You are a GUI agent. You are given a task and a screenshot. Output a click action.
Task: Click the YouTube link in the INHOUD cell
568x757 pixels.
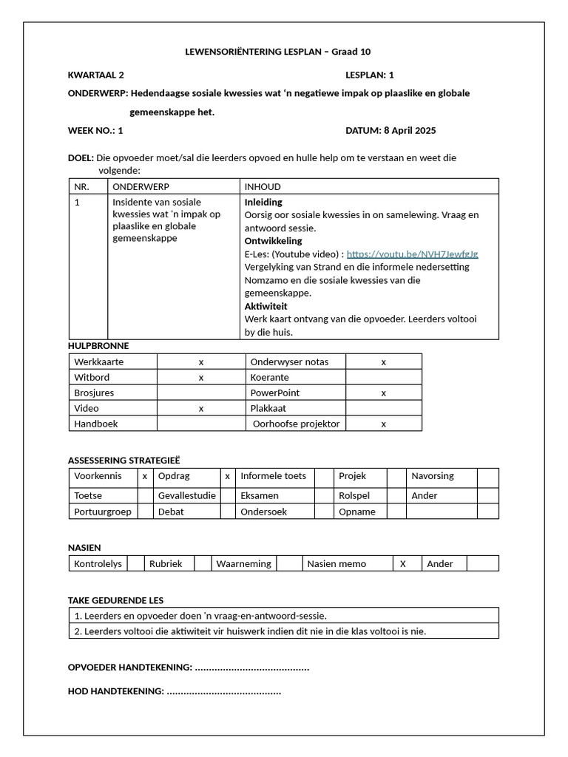(x=412, y=254)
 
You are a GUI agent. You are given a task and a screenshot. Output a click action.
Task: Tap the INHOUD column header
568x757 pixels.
(x=263, y=187)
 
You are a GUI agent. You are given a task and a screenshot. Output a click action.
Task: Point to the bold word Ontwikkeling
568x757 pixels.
(x=273, y=241)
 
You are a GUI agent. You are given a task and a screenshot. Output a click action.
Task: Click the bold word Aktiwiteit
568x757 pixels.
(x=266, y=306)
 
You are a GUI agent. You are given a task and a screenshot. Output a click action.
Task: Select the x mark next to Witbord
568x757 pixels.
(x=201, y=377)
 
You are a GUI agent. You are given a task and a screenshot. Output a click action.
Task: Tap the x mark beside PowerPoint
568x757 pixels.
(x=384, y=393)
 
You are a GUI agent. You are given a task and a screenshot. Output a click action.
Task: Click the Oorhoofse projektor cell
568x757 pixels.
(x=296, y=424)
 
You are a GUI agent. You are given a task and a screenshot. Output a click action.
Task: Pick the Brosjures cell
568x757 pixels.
(x=94, y=393)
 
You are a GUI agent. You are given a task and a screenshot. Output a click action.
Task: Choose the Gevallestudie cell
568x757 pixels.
(x=187, y=495)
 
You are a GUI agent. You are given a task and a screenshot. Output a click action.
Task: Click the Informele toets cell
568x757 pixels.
(x=273, y=476)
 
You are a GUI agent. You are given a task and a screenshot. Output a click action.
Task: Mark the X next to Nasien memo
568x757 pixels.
(x=403, y=563)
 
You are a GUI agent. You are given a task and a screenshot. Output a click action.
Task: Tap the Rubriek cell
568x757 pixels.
(x=166, y=563)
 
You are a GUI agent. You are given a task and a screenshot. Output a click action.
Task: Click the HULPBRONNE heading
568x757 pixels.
(x=98, y=345)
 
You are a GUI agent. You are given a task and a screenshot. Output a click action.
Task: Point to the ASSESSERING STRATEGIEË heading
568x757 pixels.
(x=124, y=460)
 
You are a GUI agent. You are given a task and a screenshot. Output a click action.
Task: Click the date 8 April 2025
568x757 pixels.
(x=410, y=131)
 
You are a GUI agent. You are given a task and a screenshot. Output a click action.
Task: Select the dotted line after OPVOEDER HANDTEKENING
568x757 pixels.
(x=251, y=668)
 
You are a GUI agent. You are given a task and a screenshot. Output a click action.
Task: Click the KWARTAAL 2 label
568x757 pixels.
(x=96, y=75)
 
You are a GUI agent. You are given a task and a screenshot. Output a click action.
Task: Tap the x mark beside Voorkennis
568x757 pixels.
(x=145, y=476)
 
